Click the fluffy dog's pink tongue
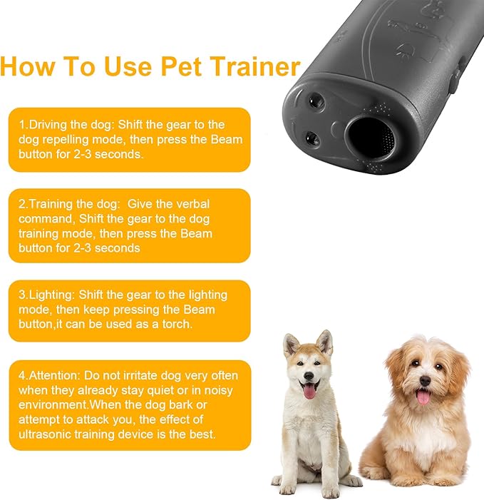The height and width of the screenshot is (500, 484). point(423,397)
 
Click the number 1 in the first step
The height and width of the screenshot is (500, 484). point(22,125)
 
